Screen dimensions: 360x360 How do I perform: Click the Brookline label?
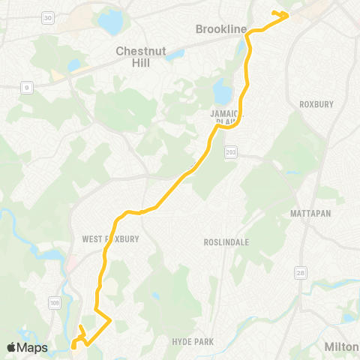[220, 29]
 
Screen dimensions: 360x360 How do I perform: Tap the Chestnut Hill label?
[143, 57]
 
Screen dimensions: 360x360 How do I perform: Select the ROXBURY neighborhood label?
[315, 104]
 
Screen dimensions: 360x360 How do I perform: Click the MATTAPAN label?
[310, 214]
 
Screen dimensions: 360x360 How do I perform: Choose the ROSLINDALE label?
[226, 242]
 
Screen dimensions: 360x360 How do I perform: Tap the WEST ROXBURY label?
[112, 239]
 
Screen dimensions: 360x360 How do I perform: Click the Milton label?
[341, 346]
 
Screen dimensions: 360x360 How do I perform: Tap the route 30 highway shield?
[48, 17]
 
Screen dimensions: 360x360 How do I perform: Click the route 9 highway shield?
[28, 88]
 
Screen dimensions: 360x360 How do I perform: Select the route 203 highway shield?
[231, 151]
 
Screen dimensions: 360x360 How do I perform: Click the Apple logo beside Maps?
[12, 347]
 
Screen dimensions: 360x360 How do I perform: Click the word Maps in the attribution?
[34, 347]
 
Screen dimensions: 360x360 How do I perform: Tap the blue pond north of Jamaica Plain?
[223, 92]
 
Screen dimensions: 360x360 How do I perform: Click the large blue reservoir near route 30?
[110, 22]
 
